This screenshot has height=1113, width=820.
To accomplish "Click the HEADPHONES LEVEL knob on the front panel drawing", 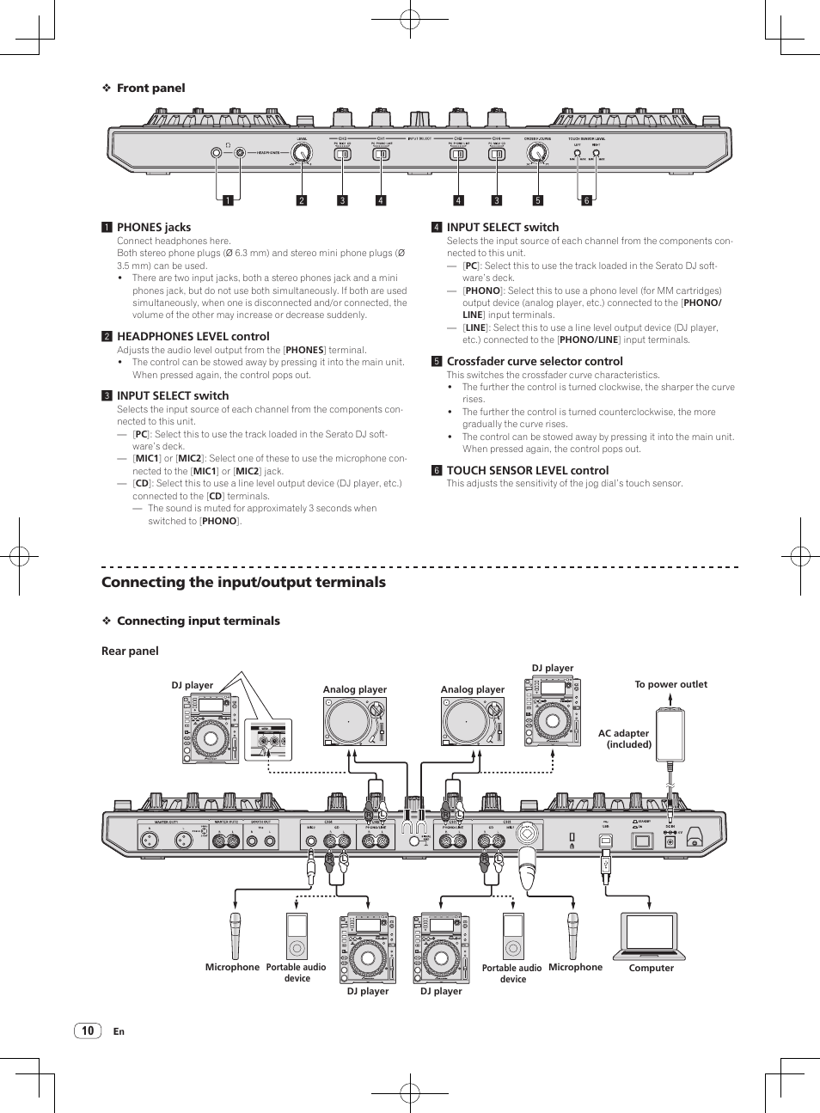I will click(x=301, y=153).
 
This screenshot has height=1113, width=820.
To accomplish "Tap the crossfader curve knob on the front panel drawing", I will click(x=537, y=153).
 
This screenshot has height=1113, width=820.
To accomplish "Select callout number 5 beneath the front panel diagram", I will click(x=538, y=201).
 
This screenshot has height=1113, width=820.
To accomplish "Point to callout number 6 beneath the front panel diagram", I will click(x=587, y=201).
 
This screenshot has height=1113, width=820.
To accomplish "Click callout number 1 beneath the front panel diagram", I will click(x=228, y=201).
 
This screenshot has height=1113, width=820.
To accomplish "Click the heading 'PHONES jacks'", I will click(x=154, y=227).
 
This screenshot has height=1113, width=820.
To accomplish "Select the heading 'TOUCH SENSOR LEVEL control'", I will click(x=527, y=470).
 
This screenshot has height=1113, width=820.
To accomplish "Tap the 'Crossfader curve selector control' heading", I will click(x=535, y=361).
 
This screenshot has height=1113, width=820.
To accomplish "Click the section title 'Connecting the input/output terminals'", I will click(x=243, y=582).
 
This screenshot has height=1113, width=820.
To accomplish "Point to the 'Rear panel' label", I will click(x=130, y=651).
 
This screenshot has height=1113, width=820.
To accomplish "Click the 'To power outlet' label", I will click(x=670, y=684).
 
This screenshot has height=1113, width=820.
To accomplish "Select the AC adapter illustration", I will click(x=670, y=735).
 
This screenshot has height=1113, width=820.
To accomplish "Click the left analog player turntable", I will click(x=354, y=721).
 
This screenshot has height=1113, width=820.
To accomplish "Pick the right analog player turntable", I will click(x=472, y=721).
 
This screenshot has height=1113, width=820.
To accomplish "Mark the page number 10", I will click(x=88, y=1030).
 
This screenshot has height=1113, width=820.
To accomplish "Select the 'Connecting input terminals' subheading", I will click(x=198, y=621).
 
